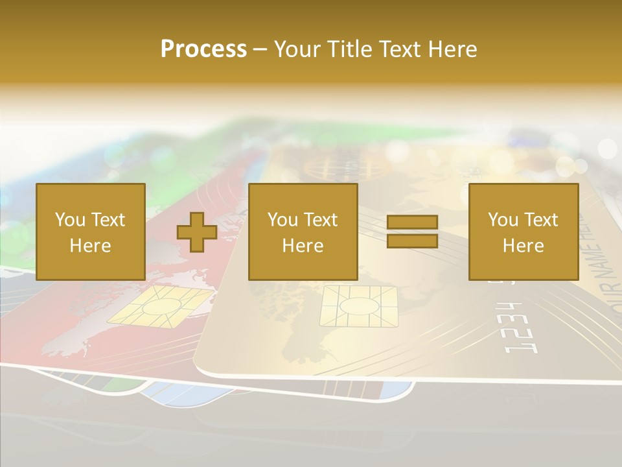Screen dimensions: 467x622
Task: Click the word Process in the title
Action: tap(203, 49)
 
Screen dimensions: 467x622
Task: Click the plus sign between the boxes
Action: tap(197, 232)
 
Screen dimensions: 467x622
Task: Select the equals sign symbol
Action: tap(412, 232)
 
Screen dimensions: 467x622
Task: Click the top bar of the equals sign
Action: tap(412, 222)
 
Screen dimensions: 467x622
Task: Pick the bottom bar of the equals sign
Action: tap(412, 241)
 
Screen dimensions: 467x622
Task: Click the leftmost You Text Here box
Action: tap(90, 232)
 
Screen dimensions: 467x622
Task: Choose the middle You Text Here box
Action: tap(303, 232)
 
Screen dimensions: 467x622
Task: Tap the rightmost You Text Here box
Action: tap(523, 232)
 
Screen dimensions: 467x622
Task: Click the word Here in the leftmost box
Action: tap(90, 245)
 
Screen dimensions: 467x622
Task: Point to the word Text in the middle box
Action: tap(321, 220)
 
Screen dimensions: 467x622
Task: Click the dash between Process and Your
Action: tap(260, 49)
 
